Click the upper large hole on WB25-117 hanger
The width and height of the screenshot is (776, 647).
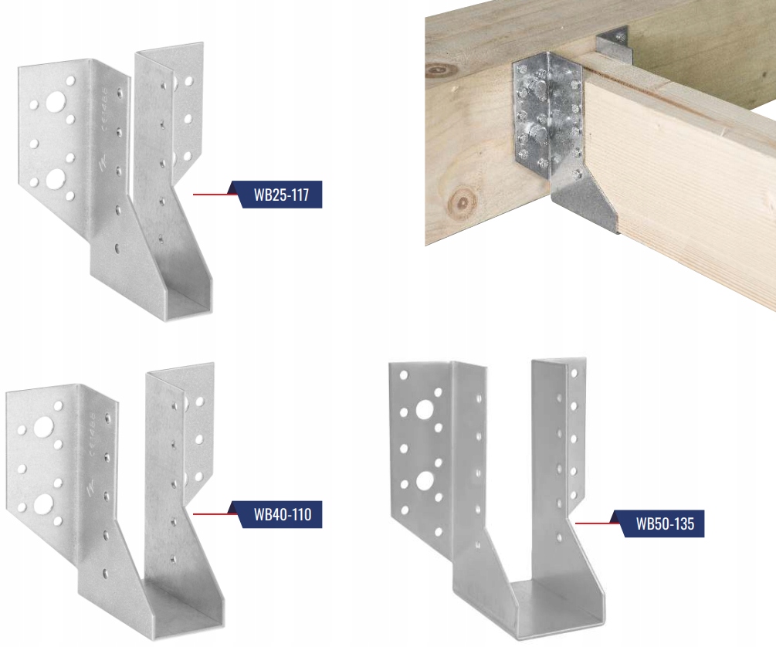pyautogui.click(x=56, y=102)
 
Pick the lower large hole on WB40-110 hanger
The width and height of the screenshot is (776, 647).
pyautogui.click(x=43, y=504)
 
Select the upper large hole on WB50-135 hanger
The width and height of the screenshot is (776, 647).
pyautogui.click(x=424, y=409)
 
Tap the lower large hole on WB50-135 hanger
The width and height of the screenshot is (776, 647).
pyautogui.click(x=425, y=480)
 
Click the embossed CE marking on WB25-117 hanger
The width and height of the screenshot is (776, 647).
pyautogui.click(x=104, y=107)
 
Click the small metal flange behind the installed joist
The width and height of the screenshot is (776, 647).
pyautogui.click(x=612, y=42)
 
